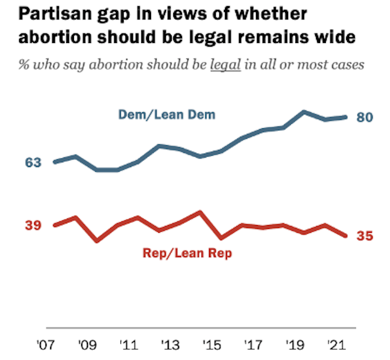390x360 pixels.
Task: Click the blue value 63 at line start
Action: [33, 162]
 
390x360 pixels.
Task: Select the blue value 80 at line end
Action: [365, 118]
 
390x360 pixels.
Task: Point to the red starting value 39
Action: [33, 225]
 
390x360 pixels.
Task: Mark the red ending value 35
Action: [365, 236]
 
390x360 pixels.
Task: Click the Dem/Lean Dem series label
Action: [167, 114]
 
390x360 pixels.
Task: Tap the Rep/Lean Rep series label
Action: [187, 253]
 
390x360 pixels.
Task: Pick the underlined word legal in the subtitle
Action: [227, 66]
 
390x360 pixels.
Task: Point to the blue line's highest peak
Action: [304, 111]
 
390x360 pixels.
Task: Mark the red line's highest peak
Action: [200, 212]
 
